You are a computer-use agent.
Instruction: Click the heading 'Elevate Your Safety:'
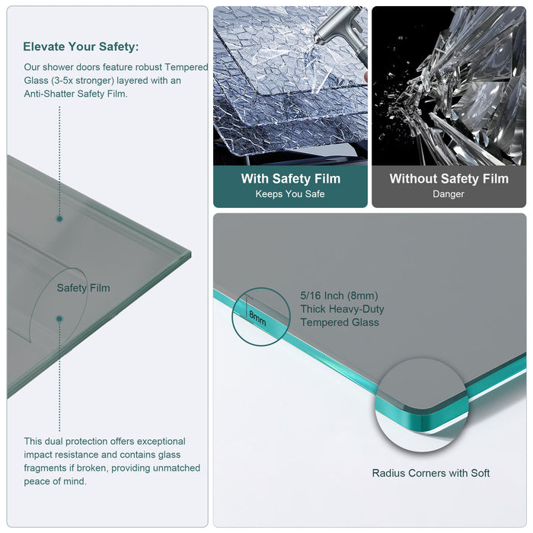click(81, 46)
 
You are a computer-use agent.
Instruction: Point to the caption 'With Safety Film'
click(290, 179)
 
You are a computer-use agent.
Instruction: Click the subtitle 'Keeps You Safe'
click(290, 194)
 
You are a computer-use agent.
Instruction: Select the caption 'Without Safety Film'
click(448, 179)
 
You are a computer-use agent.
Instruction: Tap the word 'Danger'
click(448, 194)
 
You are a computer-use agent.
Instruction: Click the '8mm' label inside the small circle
click(257, 318)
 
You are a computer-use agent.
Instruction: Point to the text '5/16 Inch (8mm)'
click(339, 295)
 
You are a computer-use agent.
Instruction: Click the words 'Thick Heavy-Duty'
click(342, 309)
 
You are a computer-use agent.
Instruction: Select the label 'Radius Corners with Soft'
click(431, 473)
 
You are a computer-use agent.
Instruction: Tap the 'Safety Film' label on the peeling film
click(83, 288)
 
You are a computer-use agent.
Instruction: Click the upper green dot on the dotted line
click(59, 219)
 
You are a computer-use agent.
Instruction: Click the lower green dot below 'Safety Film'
click(59, 319)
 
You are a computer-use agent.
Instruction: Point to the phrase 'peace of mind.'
click(55, 481)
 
